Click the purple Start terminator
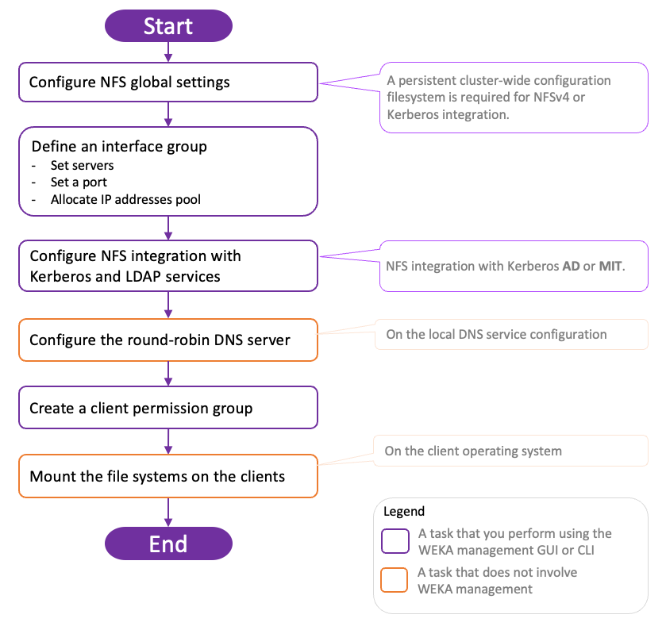(168, 25)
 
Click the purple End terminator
(168, 543)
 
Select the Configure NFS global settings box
(168, 82)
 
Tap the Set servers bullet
(83, 166)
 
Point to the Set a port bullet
(79, 182)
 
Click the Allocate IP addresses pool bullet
(125, 199)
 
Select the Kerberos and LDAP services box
(168, 266)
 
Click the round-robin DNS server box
(168, 340)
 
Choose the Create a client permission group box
(168, 408)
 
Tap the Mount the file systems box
(168, 476)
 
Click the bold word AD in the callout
(571, 266)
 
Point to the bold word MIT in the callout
(610, 266)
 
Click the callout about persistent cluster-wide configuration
(514, 98)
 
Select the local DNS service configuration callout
(511, 334)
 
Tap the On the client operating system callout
(510, 451)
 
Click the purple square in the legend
(395, 541)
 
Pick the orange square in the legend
(395, 580)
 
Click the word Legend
(404, 511)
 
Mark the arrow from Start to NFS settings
(168, 52)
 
